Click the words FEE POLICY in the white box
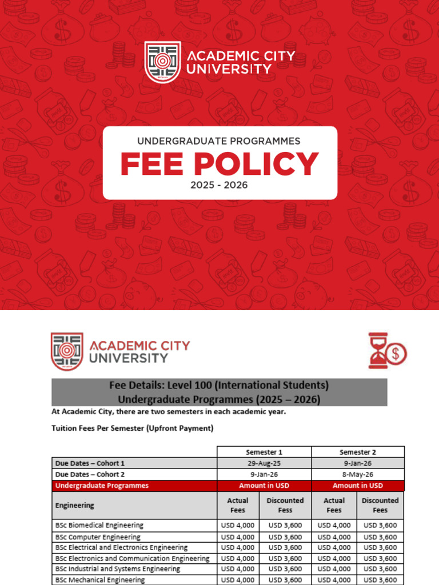click(219, 165)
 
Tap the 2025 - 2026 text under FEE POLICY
click(219, 186)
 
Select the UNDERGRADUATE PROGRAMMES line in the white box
click(219, 141)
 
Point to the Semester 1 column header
click(264, 452)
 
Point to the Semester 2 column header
click(357, 452)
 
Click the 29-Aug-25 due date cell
click(264, 463)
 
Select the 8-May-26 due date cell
click(357, 474)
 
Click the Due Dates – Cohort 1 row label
click(90, 463)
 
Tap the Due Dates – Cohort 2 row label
click(90, 474)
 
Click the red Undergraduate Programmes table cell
click(102, 486)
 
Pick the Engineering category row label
click(75, 505)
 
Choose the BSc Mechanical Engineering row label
click(100, 580)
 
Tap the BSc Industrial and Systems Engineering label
click(118, 569)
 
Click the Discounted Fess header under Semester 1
click(285, 505)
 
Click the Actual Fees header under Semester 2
click(334, 505)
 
